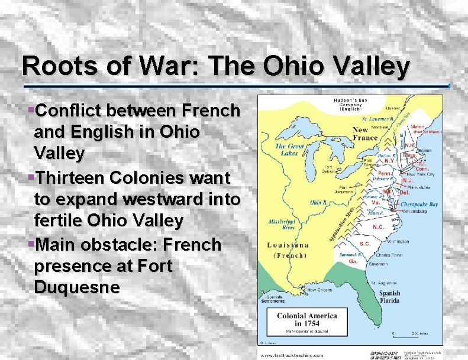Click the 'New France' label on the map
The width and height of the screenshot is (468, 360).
pos(365,134)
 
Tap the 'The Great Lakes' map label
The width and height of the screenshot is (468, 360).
pos(289,150)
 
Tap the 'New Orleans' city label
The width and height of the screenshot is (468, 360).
pos(322,290)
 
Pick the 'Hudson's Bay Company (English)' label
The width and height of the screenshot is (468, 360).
pos(353,105)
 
